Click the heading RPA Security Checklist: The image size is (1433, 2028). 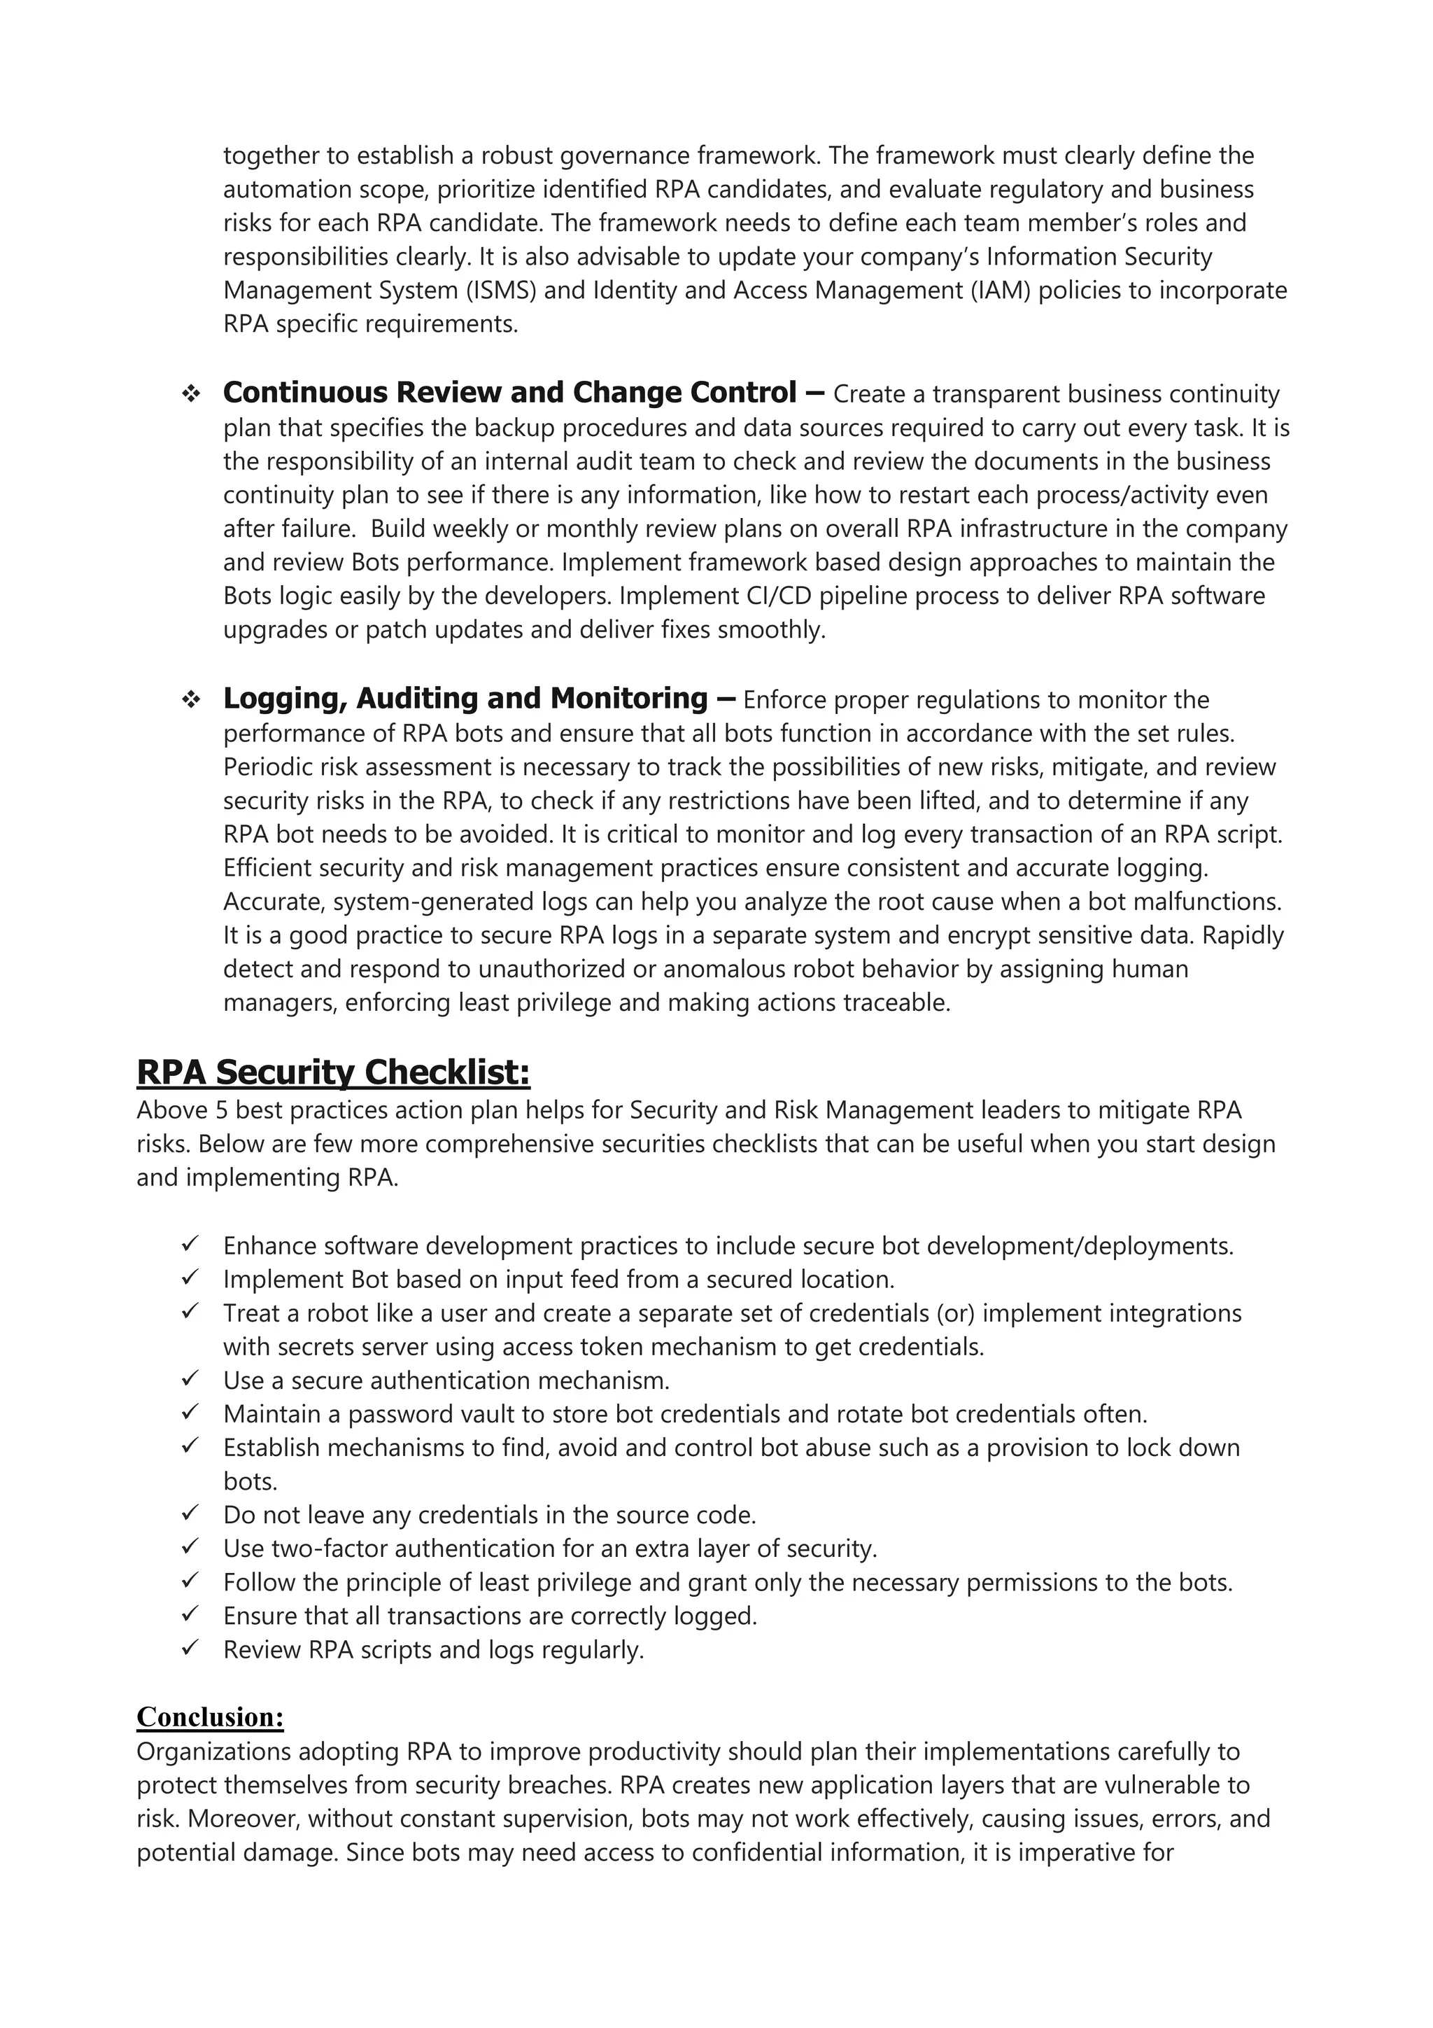pyautogui.click(x=333, y=1072)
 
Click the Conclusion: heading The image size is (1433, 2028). pyautogui.click(x=210, y=1716)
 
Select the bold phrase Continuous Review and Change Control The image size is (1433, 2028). pyautogui.click(x=509, y=392)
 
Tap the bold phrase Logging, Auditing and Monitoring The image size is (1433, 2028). pyautogui.click(x=465, y=698)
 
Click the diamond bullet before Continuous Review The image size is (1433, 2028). pyautogui.click(x=190, y=394)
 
